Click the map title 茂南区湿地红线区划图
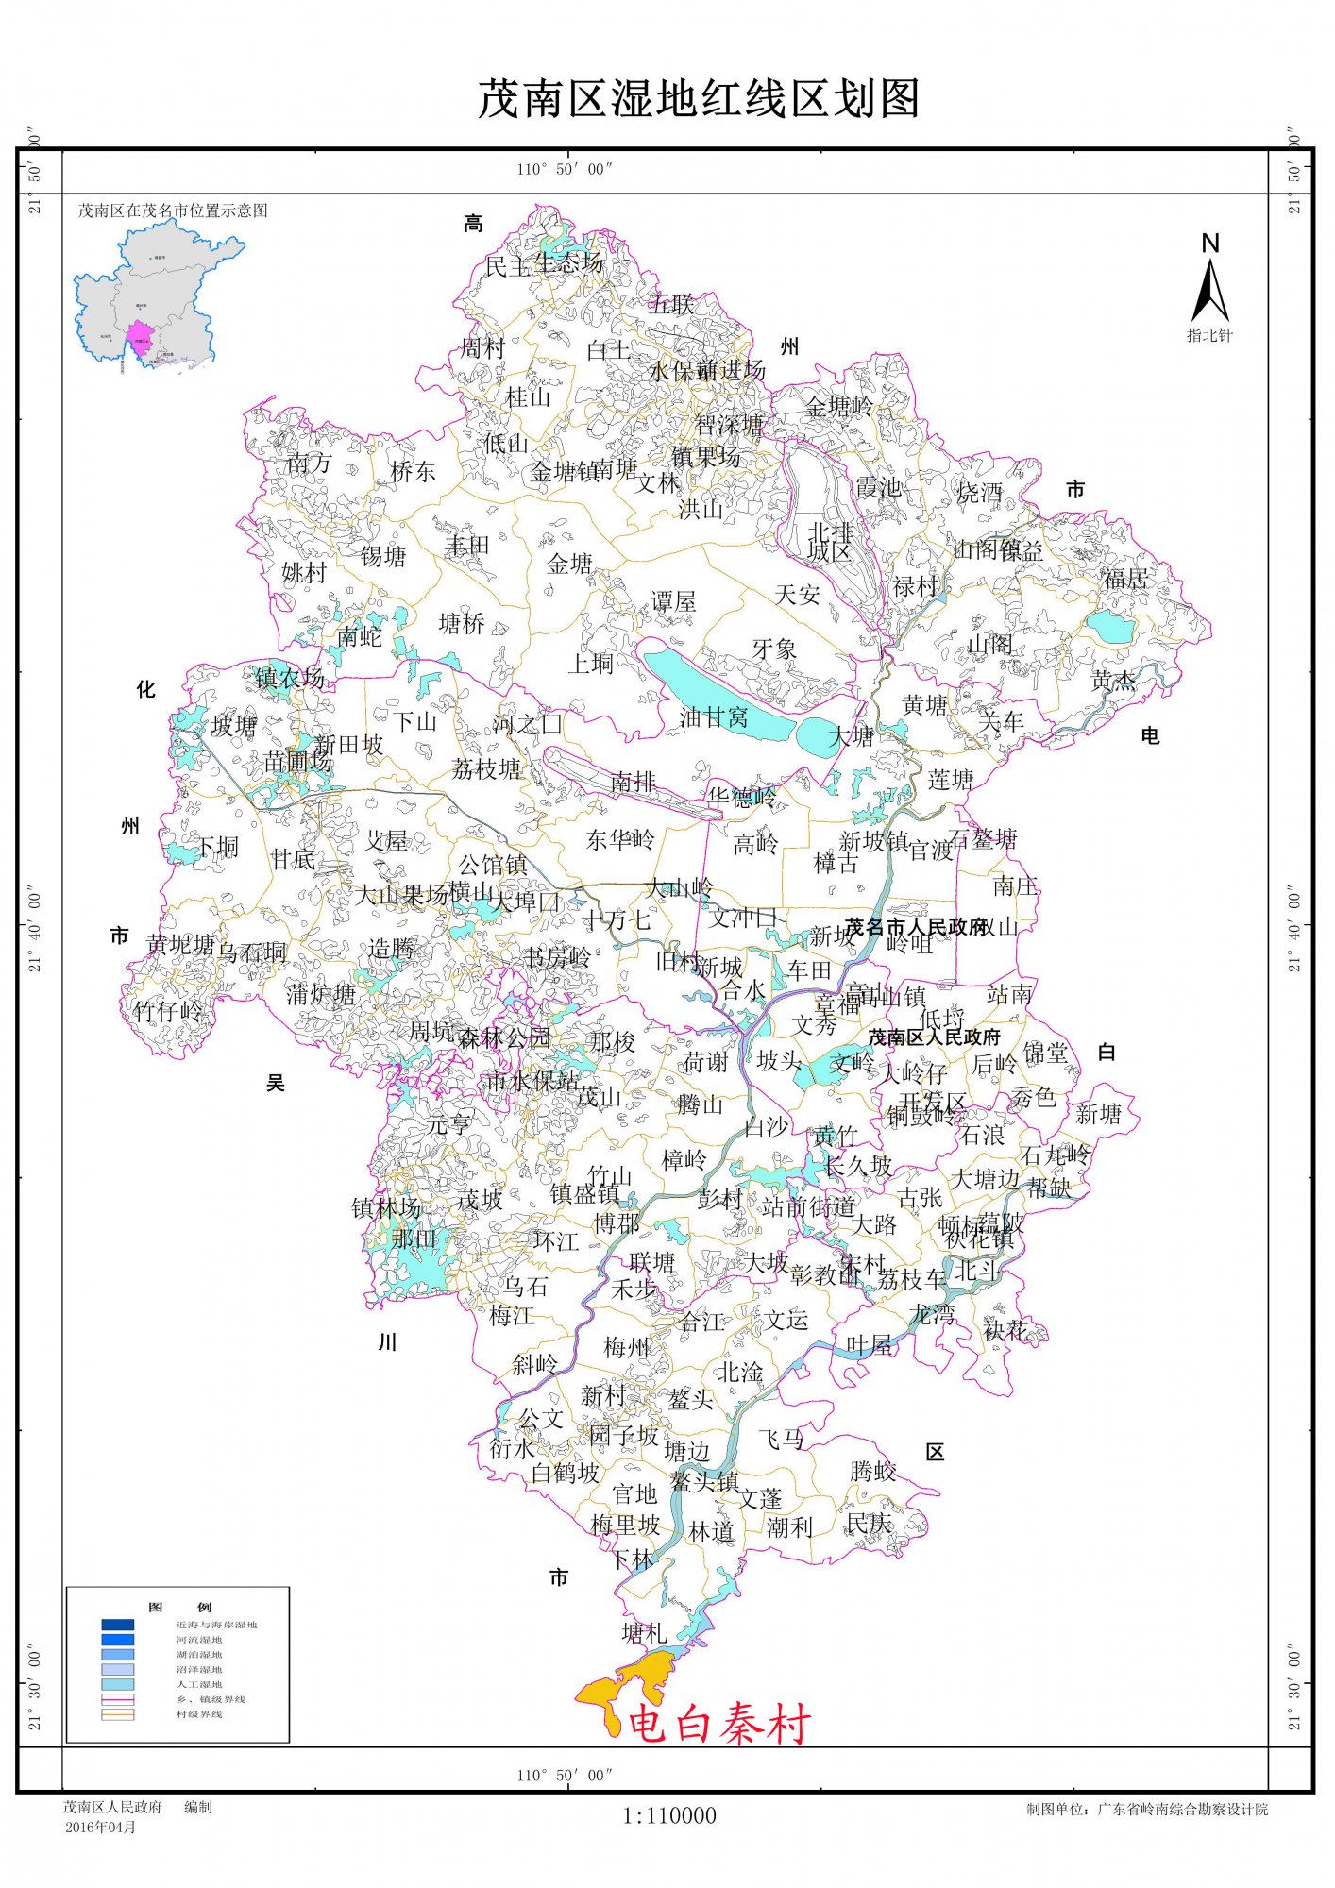tap(699, 99)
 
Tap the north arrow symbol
tap(1209, 288)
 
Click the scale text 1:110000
tap(668, 1815)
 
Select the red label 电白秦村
tap(718, 1725)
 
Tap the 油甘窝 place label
tap(714, 717)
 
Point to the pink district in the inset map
tap(139, 342)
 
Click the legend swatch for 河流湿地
tap(118, 1640)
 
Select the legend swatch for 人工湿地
tap(118, 1684)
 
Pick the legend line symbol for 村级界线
tap(118, 1714)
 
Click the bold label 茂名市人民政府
tap(915, 926)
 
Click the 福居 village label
tap(1125, 579)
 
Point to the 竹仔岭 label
tap(168, 1012)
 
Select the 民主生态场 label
tap(544, 265)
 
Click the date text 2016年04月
tap(100, 1827)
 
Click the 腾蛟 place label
tap(873, 1471)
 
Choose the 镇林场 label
tap(385, 1207)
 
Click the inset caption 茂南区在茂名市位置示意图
tap(173, 211)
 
